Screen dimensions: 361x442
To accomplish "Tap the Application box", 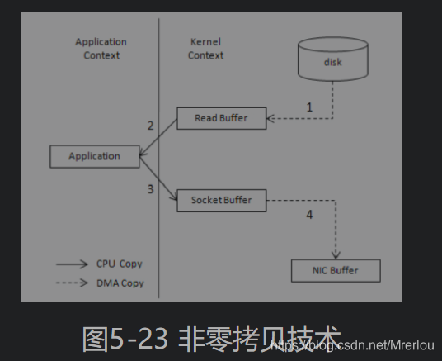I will coord(94,156).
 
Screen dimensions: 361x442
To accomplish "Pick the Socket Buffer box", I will coord(222,200).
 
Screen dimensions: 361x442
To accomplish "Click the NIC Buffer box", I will coord(336,270).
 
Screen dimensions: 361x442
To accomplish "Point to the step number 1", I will coord(309,107).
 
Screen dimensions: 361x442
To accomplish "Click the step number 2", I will coord(151,126).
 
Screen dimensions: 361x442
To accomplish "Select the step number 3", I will coord(151,189).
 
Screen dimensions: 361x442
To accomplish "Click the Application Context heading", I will coord(101,49).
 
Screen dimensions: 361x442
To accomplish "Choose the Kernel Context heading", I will coord(205,49).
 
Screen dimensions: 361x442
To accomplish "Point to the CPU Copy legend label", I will coord(119,264).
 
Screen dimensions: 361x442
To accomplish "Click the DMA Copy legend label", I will coord(120,283).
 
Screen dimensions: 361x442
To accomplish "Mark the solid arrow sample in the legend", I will coord(72,264).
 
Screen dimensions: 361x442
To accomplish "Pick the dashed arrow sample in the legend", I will coord(72,283).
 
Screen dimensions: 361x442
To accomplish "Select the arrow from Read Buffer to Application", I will coord(159,136).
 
